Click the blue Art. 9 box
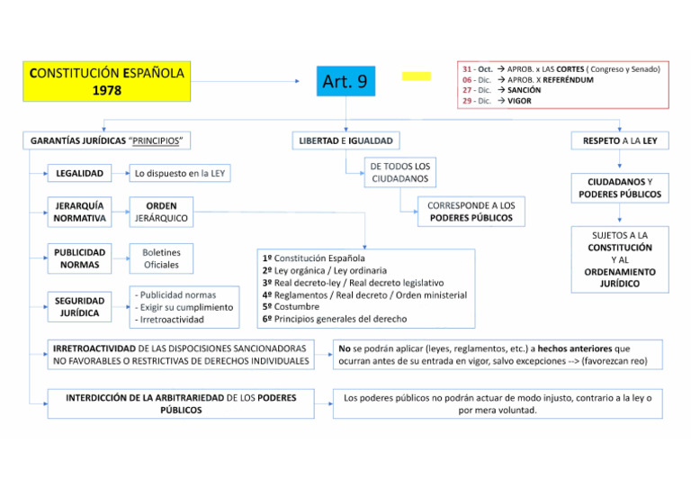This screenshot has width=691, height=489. [x=345, y=82]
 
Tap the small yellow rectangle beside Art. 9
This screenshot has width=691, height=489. [x=416, y=77]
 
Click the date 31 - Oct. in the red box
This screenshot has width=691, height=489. [x=478, y=68]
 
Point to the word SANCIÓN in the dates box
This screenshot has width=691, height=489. [x=525, y=90]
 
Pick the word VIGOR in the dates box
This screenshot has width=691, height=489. [x=519, y=101]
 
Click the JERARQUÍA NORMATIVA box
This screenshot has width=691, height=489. [x=79, y=212]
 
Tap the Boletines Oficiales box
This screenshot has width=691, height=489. [x=161, y=258]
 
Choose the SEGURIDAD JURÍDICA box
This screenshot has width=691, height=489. [x=79, y=306]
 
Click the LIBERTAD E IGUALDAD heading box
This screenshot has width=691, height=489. [x=345, y=140]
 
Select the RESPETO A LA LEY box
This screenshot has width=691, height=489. [x=619, y=140]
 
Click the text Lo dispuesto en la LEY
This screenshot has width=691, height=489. [x=180, y=173]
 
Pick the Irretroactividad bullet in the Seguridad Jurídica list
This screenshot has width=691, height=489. [x=171, y=319]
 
